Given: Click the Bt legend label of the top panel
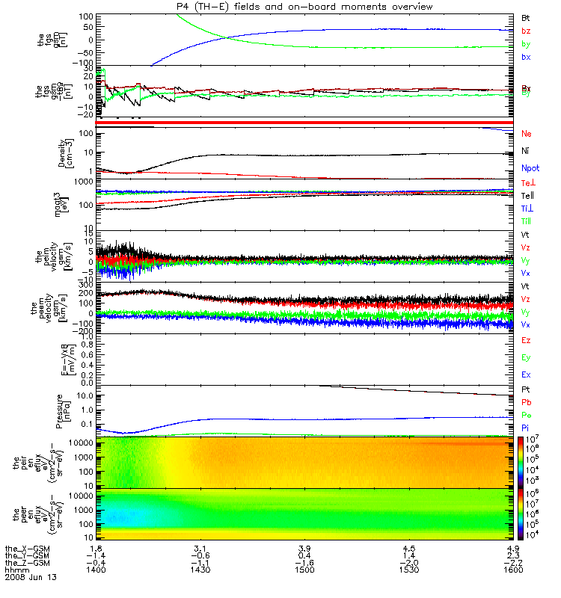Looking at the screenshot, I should pos(526,17).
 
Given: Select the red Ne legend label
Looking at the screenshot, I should pos(526,134).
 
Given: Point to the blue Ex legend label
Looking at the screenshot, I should pos(526,374).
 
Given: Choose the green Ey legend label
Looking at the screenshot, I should pos(526,357).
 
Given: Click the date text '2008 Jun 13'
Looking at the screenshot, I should pos(31,578).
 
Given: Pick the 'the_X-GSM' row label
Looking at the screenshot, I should pos(27,548).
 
